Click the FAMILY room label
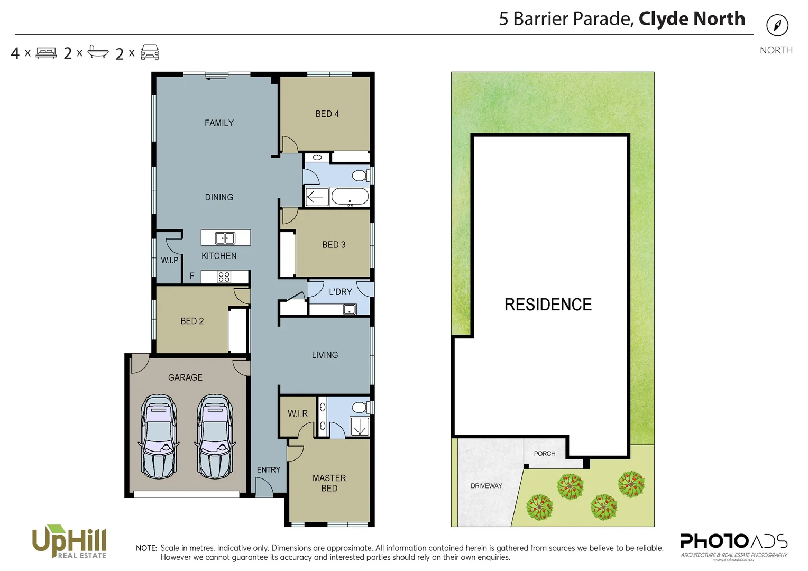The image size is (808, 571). (219, 123)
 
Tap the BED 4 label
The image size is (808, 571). (327, 114)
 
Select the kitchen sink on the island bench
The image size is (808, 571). (225, 238)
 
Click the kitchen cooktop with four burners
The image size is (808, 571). (224, 277)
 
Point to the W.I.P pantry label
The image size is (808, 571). (169, 260)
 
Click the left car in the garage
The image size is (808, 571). (159, 437)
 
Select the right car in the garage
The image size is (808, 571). (215, 437)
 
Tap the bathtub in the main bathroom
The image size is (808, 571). (350, 197)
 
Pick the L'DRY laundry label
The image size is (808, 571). (340, 292)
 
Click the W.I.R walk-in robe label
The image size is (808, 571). (297, 413)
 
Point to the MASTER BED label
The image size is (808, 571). (329, 483)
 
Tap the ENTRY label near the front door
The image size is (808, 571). (269, 470)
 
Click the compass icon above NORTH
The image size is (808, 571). (777, 25)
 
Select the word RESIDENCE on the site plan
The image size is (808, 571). (548, 305)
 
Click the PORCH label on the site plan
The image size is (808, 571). (544, 454)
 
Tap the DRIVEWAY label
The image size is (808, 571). (486, 486)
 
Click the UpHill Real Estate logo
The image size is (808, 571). (70, 541)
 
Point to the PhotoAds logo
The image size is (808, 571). (733, 544)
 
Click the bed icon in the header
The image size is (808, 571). (46, 53)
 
